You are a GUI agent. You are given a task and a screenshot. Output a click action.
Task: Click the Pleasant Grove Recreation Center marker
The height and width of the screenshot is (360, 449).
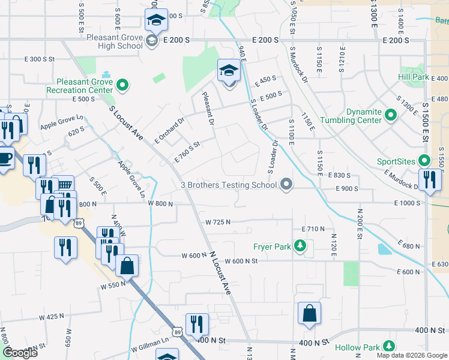pos(123,86)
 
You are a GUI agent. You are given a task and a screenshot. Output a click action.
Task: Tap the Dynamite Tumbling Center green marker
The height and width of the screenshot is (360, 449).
pos(391,114)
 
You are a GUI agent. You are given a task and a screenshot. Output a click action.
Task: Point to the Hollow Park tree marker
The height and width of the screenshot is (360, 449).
pos(389,347)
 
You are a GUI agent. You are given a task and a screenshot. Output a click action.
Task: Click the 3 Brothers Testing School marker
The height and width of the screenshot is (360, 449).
pos(287,185)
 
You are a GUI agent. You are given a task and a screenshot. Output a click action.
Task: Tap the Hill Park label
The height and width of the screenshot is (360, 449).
pos(413,77)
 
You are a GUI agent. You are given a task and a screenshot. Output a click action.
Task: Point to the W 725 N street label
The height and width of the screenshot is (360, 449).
pos(218,222)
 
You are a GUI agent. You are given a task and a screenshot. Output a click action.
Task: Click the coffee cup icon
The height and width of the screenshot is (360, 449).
pos(5,159)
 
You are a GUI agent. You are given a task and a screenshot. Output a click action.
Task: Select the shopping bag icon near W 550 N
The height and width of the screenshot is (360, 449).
pos(127,266)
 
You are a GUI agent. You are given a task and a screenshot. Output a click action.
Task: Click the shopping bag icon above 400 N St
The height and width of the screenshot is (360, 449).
pos(309,313)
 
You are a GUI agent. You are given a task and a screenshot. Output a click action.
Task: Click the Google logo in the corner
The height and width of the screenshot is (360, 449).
pos(20,353)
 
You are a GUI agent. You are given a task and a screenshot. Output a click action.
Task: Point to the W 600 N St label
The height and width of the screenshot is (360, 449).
pos(241,261)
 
